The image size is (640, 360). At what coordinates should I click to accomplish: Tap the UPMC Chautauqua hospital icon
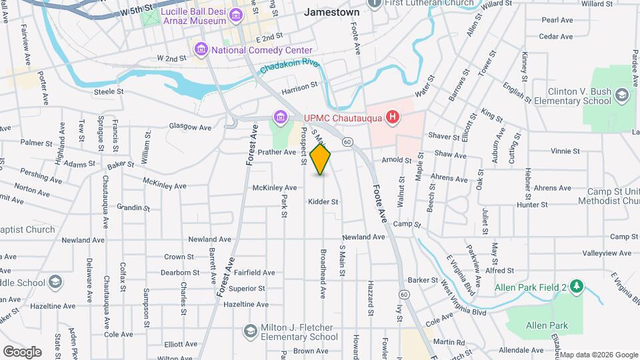tap(393, 118)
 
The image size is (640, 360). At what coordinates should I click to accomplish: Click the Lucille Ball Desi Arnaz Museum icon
tap(235, 15)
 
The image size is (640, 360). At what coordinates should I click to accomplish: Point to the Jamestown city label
tap(331, 12)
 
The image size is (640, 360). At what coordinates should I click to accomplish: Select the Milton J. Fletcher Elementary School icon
tap(250, 331)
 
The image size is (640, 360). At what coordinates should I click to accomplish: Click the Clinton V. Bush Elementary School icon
tap(622, 95)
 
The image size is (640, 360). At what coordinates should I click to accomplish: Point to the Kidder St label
tap(323, 201)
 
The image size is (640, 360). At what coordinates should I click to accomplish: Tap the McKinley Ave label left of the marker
tap(275, 187)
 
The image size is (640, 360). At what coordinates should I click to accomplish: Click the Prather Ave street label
tap(281, 152)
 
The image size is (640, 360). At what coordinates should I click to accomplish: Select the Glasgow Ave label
tap(190, 127)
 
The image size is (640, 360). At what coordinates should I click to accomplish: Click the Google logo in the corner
tap(22, 351)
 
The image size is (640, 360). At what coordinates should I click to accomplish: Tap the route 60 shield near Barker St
tap(403, 294)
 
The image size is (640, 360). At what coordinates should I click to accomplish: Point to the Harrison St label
tap(300, 87)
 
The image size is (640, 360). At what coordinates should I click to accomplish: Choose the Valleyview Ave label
tap(606, 253)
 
